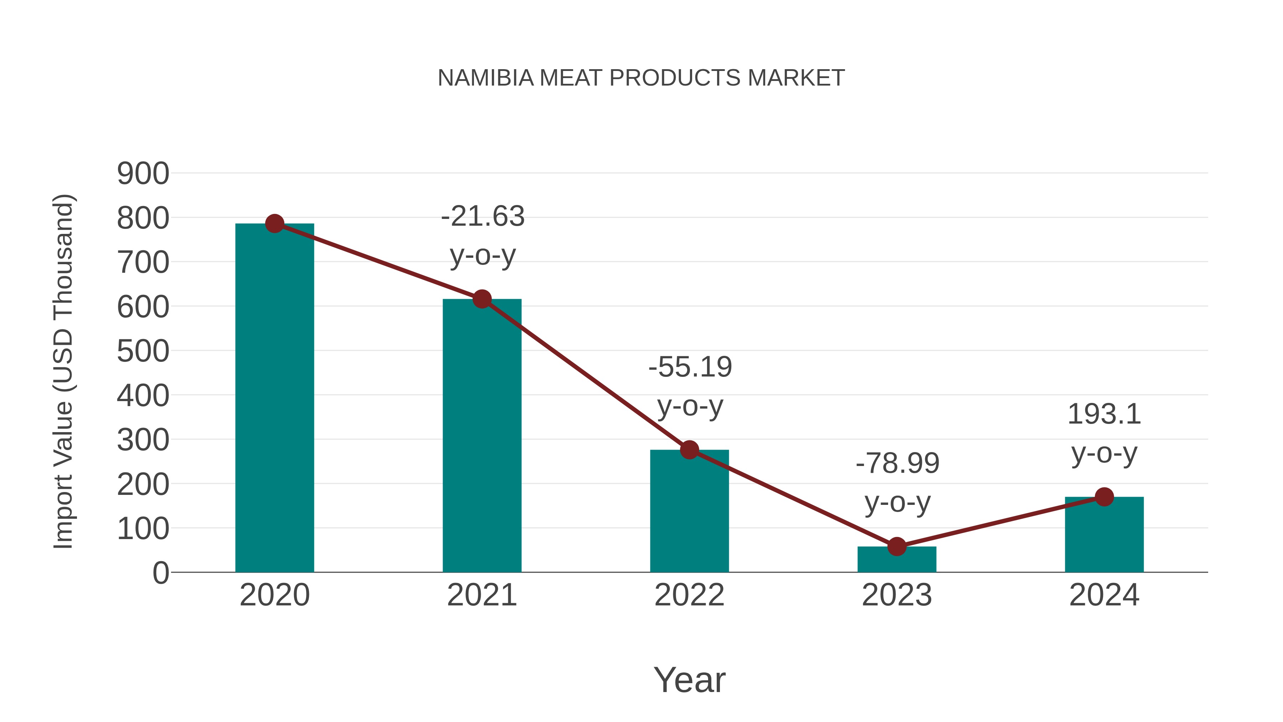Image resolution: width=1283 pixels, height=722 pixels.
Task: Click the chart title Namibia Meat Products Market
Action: click(x=641, y=78)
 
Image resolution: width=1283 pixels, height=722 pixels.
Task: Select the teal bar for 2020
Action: click(x=274, y=399)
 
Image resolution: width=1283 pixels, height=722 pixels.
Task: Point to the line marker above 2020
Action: click(x=274, y=224)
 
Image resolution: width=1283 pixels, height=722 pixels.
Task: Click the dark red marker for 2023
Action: click(x=897, y=547)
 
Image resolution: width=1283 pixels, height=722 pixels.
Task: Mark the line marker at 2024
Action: click(x=1104, y=497)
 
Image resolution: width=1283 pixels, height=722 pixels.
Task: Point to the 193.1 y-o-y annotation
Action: click(x=1104, y=434)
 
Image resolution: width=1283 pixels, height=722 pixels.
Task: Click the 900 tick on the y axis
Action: click(x=143, y=174)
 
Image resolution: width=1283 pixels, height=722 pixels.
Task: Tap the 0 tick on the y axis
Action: click(x=160, y=573)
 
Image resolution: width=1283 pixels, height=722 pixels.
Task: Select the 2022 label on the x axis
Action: click(x=689, y=595)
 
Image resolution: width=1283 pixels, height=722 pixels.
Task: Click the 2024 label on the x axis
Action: click(x=1104, y=595)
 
